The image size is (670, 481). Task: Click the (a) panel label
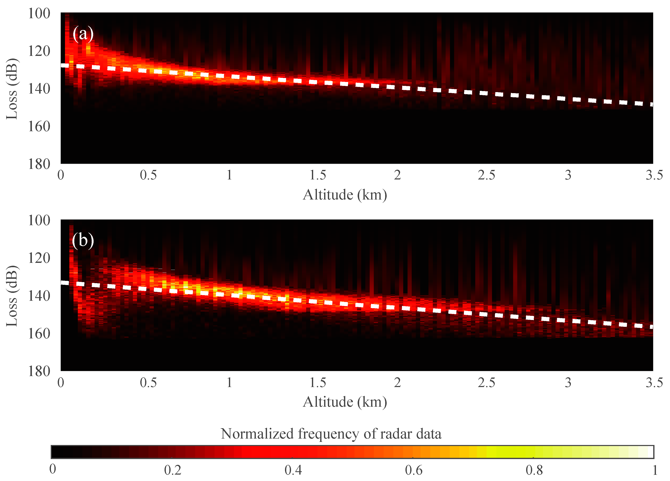coord(83,34)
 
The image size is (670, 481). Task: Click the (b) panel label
coord(83,240)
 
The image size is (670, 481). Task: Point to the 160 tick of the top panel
coord(39,126)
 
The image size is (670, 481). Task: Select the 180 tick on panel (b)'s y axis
coord(39,371)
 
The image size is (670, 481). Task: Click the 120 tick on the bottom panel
coord(39,258)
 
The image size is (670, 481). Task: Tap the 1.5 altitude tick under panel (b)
coord(318,383)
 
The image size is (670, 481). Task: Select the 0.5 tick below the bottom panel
coord(148,383)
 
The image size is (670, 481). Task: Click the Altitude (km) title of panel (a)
coord(345,195)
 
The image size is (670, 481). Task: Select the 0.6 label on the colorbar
coord(414,470)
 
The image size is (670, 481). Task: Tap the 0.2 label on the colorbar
coord(173,470)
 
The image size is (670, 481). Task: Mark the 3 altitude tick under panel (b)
coord(568,383)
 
